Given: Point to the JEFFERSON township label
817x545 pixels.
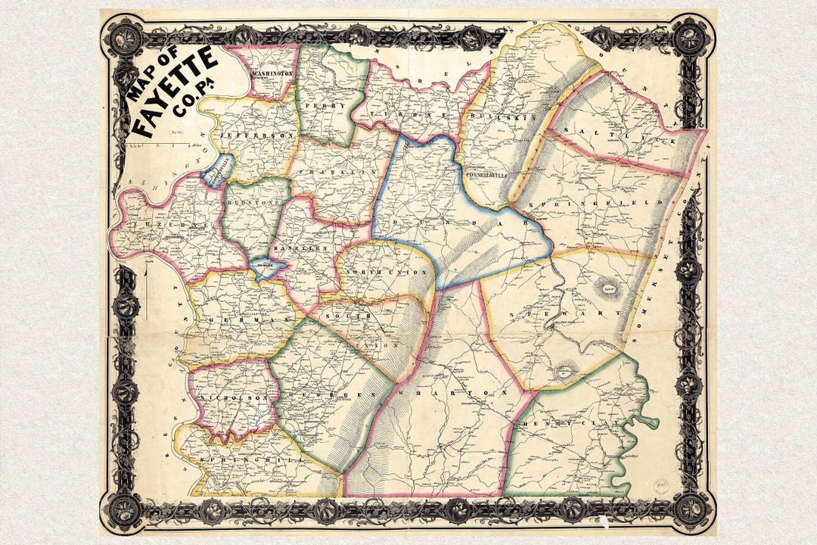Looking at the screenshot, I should [246, 135].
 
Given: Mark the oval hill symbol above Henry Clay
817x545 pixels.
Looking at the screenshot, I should [564, 372].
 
